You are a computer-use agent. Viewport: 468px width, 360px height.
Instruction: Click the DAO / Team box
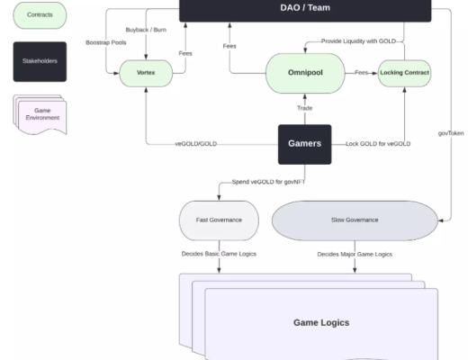(x=305, y=9)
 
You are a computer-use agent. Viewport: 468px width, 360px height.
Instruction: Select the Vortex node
(x=146, y=72)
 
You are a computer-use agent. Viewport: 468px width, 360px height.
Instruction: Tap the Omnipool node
(x=304, y=72)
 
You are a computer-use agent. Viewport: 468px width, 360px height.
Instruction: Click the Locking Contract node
(x=404, y=72)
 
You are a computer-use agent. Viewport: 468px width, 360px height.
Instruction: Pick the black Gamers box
(x=304, y=144)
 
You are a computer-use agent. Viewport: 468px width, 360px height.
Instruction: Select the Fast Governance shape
(x=219, y=220)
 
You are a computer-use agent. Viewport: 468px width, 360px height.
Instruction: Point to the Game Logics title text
(x=320, y=322)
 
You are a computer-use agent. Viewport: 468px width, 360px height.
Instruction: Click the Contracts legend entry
(x=39, y=15)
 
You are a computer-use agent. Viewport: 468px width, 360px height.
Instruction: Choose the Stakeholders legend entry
(x=39, y=61)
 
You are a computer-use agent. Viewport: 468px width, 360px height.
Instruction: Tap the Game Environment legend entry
(x=39, y=114)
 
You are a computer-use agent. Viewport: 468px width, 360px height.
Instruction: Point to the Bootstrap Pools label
(x=105, y=42)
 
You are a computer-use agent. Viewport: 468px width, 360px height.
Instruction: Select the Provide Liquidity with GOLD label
(x=355, y=41)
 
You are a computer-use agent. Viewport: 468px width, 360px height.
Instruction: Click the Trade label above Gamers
(x=304, y=108)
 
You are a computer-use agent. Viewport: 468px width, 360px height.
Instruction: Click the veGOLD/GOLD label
(x=195, y=144)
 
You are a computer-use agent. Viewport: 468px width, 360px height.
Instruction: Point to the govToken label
(x=449, y=133)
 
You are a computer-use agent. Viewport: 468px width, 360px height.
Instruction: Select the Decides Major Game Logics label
(x=354, y=254)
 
